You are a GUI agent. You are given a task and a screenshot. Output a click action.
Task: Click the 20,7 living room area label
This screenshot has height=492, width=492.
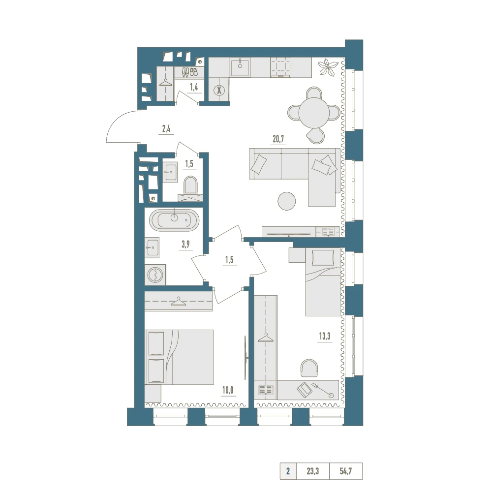click(x=278, y=139)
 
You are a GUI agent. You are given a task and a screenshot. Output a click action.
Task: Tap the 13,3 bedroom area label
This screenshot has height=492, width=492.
click(x=325, y=336)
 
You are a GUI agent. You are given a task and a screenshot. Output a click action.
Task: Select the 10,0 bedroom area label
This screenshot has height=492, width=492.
click(x=228, y=390)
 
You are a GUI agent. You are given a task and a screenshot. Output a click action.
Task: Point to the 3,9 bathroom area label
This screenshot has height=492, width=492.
click(x=186, y=245)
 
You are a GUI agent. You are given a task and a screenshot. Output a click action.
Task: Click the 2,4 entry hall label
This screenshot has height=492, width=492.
click(x=166, y=128)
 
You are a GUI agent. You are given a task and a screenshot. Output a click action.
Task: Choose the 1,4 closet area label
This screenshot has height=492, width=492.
click(x=194, y=87)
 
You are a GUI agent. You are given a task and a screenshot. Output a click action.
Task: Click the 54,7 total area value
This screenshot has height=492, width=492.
click(x=345, y=471)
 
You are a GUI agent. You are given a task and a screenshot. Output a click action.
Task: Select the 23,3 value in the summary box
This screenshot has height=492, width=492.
click(x=312, y=471)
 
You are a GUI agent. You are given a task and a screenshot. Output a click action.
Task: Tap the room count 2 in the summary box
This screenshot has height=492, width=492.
click(x=288, y=471)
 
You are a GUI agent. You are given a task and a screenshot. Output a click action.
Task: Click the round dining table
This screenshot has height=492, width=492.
click(x=314, y=113)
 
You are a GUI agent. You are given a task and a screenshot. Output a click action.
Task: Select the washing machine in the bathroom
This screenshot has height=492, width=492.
click(x=155, y=275)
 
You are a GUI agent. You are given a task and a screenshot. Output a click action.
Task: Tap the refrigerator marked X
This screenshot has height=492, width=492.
click(x=219, y=91)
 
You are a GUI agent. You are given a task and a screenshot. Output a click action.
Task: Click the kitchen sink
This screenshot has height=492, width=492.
click(x=240, y=68)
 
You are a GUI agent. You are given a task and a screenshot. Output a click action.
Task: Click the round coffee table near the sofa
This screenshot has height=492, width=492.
click(x=286, y=201)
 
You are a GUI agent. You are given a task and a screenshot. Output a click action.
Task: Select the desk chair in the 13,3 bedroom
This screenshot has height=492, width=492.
click(x=309, y=368)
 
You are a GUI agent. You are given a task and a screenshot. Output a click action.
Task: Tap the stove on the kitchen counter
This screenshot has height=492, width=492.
click(x=281, y=67)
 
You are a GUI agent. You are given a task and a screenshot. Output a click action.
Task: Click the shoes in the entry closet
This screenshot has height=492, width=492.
click(x=190, y=72)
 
